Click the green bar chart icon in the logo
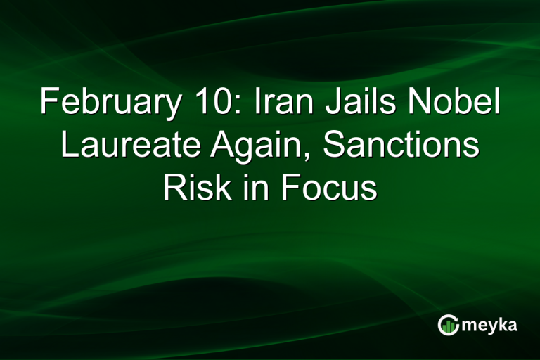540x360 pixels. point(448,324)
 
